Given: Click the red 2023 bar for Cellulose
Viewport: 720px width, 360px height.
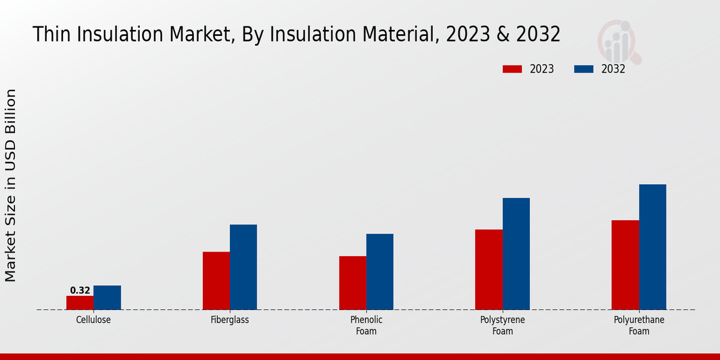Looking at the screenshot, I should (80, 303).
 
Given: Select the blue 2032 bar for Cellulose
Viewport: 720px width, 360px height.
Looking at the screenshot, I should (107, 298).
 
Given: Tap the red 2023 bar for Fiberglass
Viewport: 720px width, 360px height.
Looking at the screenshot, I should (216, 281).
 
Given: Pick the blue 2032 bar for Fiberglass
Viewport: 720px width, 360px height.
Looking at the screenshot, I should (243, 267).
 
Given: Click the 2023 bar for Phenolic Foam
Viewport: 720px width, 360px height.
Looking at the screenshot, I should (352, 283).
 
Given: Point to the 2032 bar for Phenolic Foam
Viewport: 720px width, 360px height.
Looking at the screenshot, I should (380, 272).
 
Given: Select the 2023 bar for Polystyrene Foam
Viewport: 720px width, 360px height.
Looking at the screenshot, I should (488, 269).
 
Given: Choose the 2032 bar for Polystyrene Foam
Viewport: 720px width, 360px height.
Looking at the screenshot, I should (516, 254).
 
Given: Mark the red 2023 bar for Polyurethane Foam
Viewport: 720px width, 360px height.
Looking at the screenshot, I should (625, 265).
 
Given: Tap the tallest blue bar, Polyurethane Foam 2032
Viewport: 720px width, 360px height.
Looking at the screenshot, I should (652, 247).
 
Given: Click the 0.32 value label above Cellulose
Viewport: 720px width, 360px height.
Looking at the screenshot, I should (80, 290).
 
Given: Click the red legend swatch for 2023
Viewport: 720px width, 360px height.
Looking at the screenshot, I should (512, 69).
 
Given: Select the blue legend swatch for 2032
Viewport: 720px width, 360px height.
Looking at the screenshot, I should (584, 69).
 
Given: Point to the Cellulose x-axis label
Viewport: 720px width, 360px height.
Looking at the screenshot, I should (93, 320).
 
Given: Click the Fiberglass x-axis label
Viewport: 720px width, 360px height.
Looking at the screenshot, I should (230, 320).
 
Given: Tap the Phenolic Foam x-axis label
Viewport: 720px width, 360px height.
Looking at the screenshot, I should (366, 325).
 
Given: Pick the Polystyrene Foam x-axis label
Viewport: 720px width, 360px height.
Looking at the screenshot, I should (503, 325).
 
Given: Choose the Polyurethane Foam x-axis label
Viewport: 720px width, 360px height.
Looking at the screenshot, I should (639, 325).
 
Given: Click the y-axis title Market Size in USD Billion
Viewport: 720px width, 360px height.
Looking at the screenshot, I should (11, 185).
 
